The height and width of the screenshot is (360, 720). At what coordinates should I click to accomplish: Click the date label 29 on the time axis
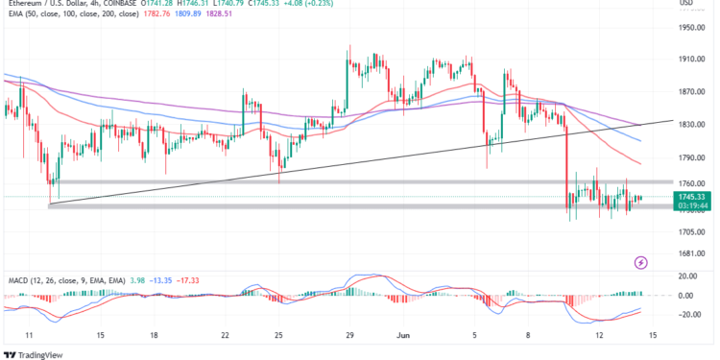[350, 335]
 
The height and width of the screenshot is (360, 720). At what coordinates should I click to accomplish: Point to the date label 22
[224, 335]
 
